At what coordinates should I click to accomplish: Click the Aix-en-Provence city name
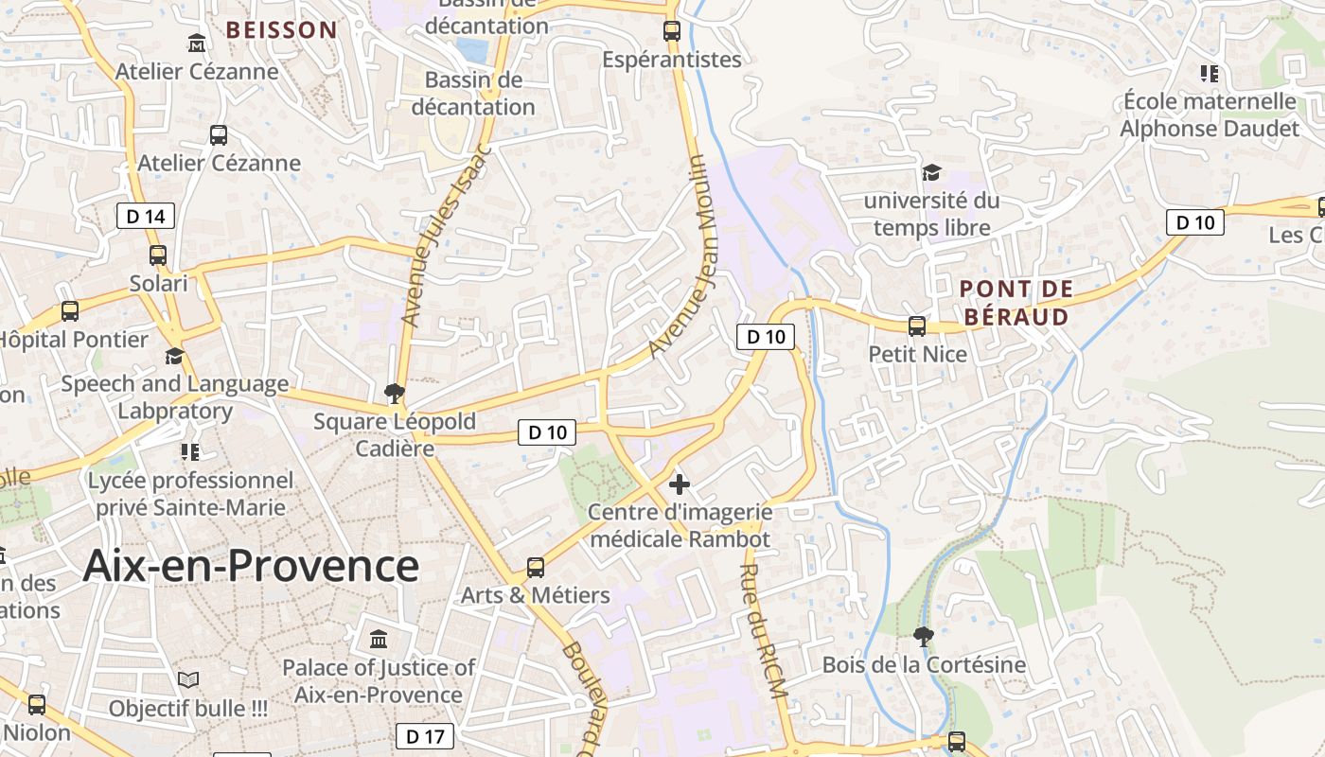tap(251, 566)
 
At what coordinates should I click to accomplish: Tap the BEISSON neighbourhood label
tap(281, 30)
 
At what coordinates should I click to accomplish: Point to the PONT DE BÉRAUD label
tap(1016, 303)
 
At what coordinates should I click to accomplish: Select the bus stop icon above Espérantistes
tap(672, 31)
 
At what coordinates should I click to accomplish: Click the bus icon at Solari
tap(158, 255)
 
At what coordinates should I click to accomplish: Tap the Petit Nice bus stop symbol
tap(916, 326)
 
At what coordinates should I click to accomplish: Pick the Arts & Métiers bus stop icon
tap(536, 568)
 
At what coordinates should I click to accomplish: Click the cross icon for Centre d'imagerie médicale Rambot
tap(680, 484)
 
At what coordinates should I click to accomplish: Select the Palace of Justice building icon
tap(379, 640)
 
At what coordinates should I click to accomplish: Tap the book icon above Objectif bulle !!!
tap(188, 679)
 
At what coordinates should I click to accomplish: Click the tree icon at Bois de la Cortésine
tap(924, 636)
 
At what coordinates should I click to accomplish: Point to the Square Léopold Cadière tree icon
tap(395, 393)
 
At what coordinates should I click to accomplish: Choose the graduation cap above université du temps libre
tap(932, 172)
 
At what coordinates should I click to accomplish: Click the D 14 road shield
tap(146, 217)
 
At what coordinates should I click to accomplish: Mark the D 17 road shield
tap(424, 736)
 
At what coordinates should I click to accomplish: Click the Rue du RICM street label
tap(764, 631)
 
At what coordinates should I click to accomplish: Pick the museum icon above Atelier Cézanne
tap(196, 44)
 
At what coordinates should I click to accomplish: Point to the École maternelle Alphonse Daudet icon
tap(1209, 73)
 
